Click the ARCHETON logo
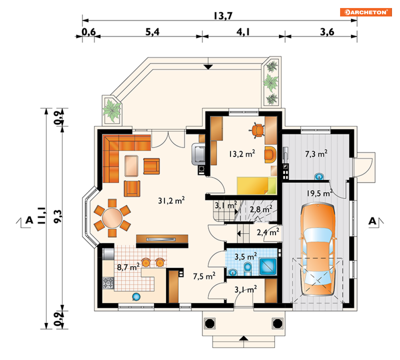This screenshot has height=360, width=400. [366, 12]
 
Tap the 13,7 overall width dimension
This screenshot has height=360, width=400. [223, 16]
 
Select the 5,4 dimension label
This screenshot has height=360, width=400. [152, 32]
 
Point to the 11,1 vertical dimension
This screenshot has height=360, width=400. [42, 215]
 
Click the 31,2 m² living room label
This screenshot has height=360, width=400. [171, 200]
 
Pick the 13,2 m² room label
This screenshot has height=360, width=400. [242, 154]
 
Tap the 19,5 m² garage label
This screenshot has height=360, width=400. [320, 193]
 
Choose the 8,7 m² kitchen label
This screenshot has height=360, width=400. [128, 267]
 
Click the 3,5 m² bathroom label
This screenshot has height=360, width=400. [245, 256]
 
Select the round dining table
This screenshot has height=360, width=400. [112, 218]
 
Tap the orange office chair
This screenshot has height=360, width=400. [258, 130]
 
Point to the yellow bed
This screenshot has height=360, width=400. [256, 186]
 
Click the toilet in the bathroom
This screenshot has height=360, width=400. [248, 269]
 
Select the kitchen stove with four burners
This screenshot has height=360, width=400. [108, 283]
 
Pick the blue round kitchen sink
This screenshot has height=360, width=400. [136, 297]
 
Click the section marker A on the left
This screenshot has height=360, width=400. [29, 220]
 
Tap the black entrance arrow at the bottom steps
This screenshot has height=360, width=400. [244, 338]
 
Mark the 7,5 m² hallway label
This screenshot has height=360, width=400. [204, 276]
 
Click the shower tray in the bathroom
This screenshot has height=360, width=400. [268, 266]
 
